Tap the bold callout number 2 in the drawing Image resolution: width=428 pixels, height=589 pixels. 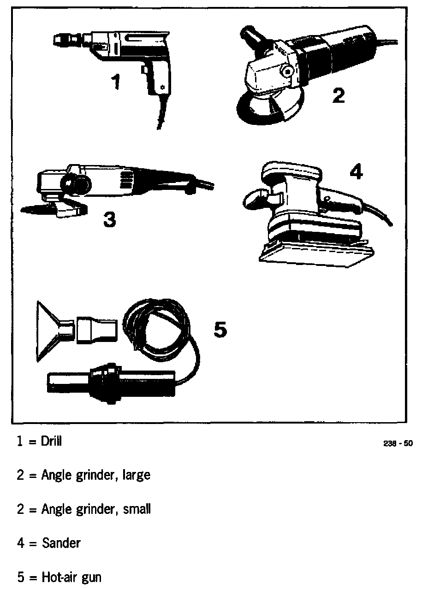click(x=338, y=95)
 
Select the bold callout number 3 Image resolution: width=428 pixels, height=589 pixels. click(x=109, y=219)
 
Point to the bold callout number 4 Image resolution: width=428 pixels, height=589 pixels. click(x=356, y=172)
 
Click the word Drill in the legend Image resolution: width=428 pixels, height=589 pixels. click(x=51, y=441)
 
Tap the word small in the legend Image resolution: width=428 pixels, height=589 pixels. click(x=137, y=509)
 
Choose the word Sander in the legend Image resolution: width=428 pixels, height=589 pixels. click(x=61, y=543)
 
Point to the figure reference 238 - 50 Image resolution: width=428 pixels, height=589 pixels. click(x=398, y=444)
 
